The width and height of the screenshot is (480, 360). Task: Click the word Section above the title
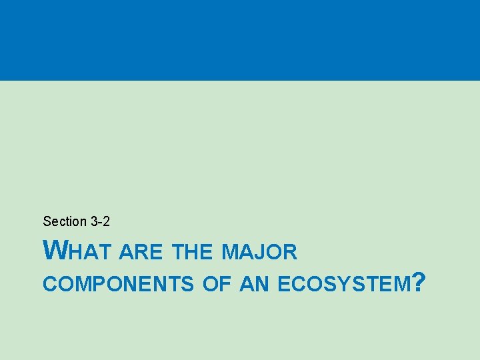pyautogui.click(x=65, y=221)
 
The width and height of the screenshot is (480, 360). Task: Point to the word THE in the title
pyautogui.click(x=192, y=252)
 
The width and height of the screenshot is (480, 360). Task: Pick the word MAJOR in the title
pyautogui.click(x=259, y=252)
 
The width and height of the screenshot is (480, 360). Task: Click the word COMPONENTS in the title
pyautogui.click(x=118, y=285)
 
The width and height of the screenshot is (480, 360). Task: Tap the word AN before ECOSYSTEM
pyautogui.click(x=254, y=285)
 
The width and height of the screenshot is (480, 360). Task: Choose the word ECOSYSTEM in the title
pyautogui.click(x=343, y=285)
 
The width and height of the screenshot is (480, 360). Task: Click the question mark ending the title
pyautogui.click(x=419, y=283)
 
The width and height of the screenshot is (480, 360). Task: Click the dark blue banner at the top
pyautogui.click(x=240, y=40)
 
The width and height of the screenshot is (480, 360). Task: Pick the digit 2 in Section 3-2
pyautogui.click(x=107, y=221)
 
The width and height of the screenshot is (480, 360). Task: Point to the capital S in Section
pyautogui.click(x=47, y=221)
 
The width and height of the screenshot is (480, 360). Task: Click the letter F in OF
pyautogui.click(x=223, y=285)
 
